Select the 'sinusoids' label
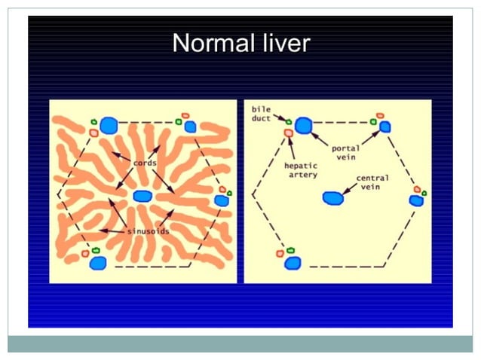click(x=147, y=230)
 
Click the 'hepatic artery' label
click(x=301, y=169)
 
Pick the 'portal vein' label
click(x=345, y=152)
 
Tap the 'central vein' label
click(x=372, y=182)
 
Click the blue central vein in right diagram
click(x=332, y=198)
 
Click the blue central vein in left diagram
click(x=142, y=197)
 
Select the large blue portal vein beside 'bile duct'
click(x=304, y=125)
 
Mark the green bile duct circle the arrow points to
click(x=289, y=121)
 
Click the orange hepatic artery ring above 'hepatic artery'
click(x=288, y=133)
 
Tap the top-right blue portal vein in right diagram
click(x=385, y=127)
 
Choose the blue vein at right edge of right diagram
click(x=415, y=200)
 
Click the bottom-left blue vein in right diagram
click(x=293, y=262)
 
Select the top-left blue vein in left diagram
click(x=109, y=125)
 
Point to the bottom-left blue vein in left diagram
click(x=98, y=263)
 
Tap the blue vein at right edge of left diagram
click(x=221, y=200)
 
